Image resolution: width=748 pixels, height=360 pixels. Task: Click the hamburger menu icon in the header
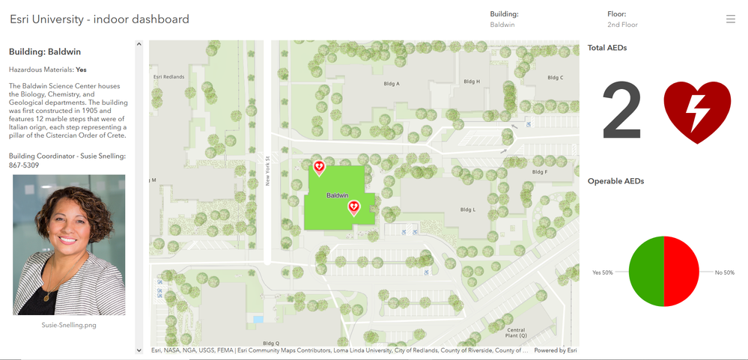(x=731, y=19)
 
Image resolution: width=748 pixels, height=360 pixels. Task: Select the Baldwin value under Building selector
(x=502, y=25)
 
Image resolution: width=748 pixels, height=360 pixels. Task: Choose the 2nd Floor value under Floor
(x=623, y=25)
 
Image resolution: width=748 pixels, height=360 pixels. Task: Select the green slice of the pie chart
(x=646, y=272)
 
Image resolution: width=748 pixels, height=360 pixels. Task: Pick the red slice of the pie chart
(x=681, y=272)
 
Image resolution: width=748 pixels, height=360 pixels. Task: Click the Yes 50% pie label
(x=603, y=272)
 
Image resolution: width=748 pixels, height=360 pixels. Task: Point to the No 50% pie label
(x=724, y=272)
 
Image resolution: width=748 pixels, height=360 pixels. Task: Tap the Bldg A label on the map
(x=392, y=84)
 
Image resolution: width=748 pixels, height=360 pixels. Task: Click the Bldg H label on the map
(x=472, y=82)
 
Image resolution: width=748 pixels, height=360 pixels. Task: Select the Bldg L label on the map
(x=468, y=210)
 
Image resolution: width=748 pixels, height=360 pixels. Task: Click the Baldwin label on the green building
(x=338, y=195)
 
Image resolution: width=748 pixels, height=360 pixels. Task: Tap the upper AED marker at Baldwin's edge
(x=319, y=167)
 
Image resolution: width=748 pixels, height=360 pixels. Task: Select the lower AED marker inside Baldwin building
(x=354, y=207)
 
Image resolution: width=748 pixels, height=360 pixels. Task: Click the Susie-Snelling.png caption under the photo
(x=69, y=326)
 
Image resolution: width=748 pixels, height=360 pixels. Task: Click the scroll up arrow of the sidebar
(x=139, y=45)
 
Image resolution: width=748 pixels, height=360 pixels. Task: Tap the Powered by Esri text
(x=555, y=350)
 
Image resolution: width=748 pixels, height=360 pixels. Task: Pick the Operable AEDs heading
(x=615, y=181)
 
